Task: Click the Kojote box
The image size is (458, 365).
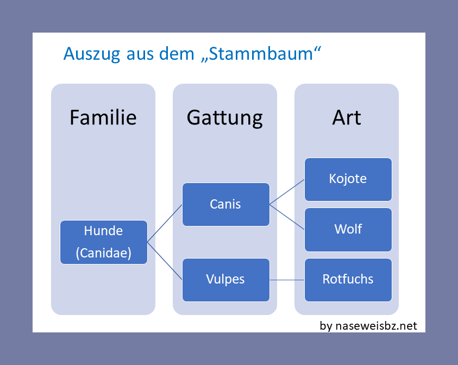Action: pos(348,179)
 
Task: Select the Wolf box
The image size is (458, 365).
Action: pos(348,229)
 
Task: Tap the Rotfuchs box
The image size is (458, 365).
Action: pos(348,279)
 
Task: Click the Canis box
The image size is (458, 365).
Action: pos(225,204)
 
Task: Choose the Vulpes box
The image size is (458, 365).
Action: pos(225,279)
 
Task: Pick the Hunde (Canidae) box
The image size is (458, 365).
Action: pos(103,242)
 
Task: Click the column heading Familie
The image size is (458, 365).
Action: pos(103,117)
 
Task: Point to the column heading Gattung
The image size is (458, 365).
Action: pos(225,117)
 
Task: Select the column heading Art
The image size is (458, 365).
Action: pos(347,117)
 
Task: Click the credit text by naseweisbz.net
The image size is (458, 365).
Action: pos(368,326)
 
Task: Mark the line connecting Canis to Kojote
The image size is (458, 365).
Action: pos(287,192)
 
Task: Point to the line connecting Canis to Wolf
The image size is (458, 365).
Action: pos(287,217)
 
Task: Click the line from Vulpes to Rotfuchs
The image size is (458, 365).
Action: pos(287,280)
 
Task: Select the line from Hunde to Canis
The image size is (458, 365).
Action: pos(165,223)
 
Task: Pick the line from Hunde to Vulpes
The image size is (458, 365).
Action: pos(165,261)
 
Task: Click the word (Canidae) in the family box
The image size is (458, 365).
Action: pos(103,253)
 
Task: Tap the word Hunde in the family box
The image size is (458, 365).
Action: pos(103,231)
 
